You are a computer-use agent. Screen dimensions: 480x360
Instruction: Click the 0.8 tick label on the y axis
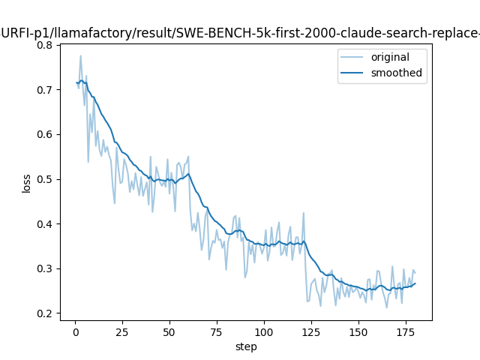point(44,45)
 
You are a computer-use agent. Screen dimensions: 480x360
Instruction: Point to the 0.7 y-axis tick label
point(44,90)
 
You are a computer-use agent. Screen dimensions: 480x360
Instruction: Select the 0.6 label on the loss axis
point(44,135)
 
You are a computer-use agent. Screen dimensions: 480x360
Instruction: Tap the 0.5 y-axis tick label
point(44,179)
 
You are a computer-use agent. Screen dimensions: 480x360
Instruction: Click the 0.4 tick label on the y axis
point(44,224)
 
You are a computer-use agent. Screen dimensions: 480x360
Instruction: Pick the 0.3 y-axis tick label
point(44,268)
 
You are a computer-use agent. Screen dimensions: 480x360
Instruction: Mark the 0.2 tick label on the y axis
point(44,313)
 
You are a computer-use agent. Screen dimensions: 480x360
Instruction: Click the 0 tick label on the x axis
point(76,332)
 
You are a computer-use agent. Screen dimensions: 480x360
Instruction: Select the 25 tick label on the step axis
point(122,332)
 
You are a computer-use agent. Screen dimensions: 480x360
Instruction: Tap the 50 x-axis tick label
point(169,332)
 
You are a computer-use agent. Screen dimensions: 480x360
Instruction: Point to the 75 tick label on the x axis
point(217,332)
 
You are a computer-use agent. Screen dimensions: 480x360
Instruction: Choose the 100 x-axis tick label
point(264,332)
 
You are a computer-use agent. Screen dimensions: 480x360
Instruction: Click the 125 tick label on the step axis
point(311,332)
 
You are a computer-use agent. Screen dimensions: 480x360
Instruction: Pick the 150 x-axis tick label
point(358,332)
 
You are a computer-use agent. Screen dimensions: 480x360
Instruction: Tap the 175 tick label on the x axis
point(406,332)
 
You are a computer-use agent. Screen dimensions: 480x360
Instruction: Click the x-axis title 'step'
point(246,347)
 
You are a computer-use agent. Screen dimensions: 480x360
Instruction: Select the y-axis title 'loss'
point(27,184)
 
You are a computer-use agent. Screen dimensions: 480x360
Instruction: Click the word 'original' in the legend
point(390,57)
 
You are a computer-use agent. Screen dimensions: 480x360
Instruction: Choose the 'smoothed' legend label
point(397,73)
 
